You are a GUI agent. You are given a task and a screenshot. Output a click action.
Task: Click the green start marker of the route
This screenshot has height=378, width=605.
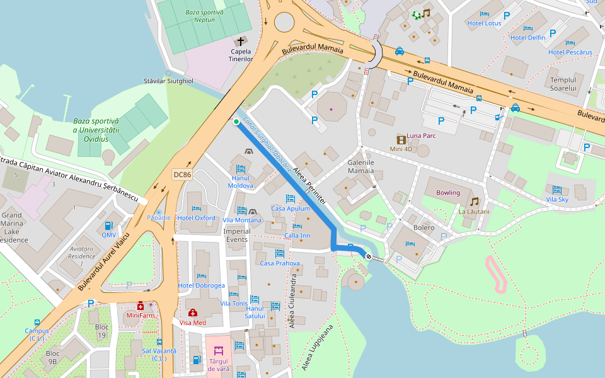[x=236, y=122]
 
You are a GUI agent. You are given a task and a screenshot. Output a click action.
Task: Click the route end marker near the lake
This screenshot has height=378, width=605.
[x=369, y=256]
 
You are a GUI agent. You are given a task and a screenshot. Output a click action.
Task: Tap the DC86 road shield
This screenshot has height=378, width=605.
[x=181, y=175]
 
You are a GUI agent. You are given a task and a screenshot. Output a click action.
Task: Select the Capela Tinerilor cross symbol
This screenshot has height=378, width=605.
[x=241, y=41]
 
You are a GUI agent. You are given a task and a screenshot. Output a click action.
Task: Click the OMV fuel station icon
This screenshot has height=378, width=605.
[x=109, y=226]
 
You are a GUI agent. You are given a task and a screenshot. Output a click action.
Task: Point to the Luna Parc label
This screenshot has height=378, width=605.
[x=422, y=135]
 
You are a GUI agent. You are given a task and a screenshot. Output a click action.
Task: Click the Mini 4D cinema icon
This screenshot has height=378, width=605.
[x=401, y=139]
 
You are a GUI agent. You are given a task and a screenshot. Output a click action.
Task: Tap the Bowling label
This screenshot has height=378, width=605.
[x=448, y=193]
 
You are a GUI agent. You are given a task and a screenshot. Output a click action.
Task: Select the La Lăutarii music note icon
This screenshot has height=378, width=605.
[x=474, y=202]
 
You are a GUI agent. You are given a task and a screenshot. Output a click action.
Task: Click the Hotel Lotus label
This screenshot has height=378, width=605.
[x=484, y=23]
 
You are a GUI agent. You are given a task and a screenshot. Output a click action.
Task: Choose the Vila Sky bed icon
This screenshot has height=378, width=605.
[x=556, y=190]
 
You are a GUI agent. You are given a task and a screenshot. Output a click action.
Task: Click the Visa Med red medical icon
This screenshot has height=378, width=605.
[x=193, y=313]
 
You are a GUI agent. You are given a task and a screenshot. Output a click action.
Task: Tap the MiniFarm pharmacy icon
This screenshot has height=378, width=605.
[x=141, y=306]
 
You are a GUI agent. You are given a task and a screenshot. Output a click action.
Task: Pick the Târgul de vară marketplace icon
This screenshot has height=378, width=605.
[x=219, y=351]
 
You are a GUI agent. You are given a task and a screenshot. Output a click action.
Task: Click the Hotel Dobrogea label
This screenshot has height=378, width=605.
[x=201, y=285]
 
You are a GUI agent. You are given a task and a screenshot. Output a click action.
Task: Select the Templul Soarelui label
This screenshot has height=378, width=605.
[x=563, y=84]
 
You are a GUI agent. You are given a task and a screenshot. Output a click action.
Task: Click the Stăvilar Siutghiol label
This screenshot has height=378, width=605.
[x=168, y=81]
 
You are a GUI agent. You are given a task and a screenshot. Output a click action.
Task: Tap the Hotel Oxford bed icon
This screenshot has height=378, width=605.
[x=196, y=209]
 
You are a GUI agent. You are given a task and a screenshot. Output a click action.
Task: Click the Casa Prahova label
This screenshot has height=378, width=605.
[x=280, y=263]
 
